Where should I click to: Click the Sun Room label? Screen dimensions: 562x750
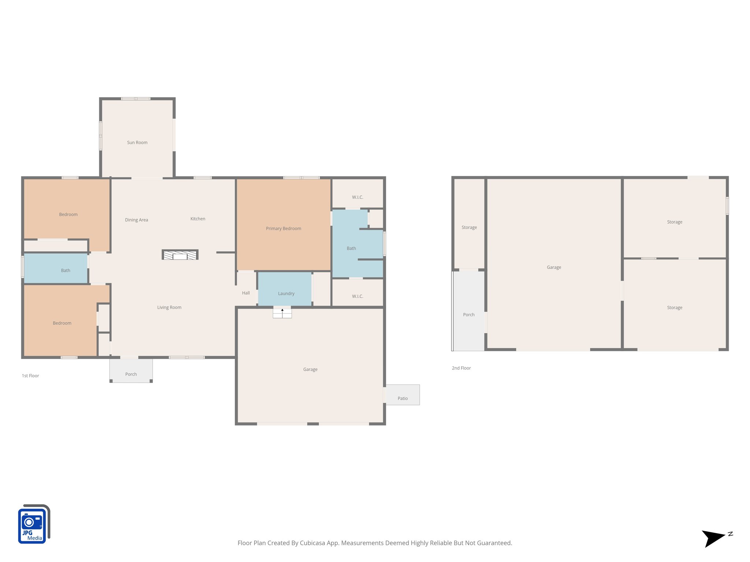[x=137, y=143]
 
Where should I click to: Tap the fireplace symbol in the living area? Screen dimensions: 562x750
[x=180, y=255]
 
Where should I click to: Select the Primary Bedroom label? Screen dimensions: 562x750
[x=283, y=229]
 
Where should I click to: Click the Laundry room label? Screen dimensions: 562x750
[x=286, y=293]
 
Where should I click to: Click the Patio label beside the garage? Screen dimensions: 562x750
[x=402, y=398]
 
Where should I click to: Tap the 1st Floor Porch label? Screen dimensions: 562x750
[x=131, y=374]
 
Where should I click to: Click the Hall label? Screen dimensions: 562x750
[x=246, y=293]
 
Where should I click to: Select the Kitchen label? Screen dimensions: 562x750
[x=198, y=219]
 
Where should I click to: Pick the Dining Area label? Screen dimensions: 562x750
[x=136, y=220]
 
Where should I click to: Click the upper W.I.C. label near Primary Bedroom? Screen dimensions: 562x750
[x=357, y=197]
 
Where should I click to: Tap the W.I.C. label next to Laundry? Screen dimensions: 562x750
[x=357, y=296]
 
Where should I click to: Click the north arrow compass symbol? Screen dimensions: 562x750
[x=713, y=538]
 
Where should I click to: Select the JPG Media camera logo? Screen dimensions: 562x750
[x=34, y=524]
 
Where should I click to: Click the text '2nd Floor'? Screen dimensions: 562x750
[x=461, y=368]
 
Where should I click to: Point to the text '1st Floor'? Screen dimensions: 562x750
[x=30, y=376]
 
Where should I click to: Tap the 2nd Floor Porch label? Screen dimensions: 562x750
[x=468, y=315]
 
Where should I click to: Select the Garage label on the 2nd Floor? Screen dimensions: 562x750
[x=554, y=267]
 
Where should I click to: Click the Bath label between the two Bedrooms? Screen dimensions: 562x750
[x=66, y=271]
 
